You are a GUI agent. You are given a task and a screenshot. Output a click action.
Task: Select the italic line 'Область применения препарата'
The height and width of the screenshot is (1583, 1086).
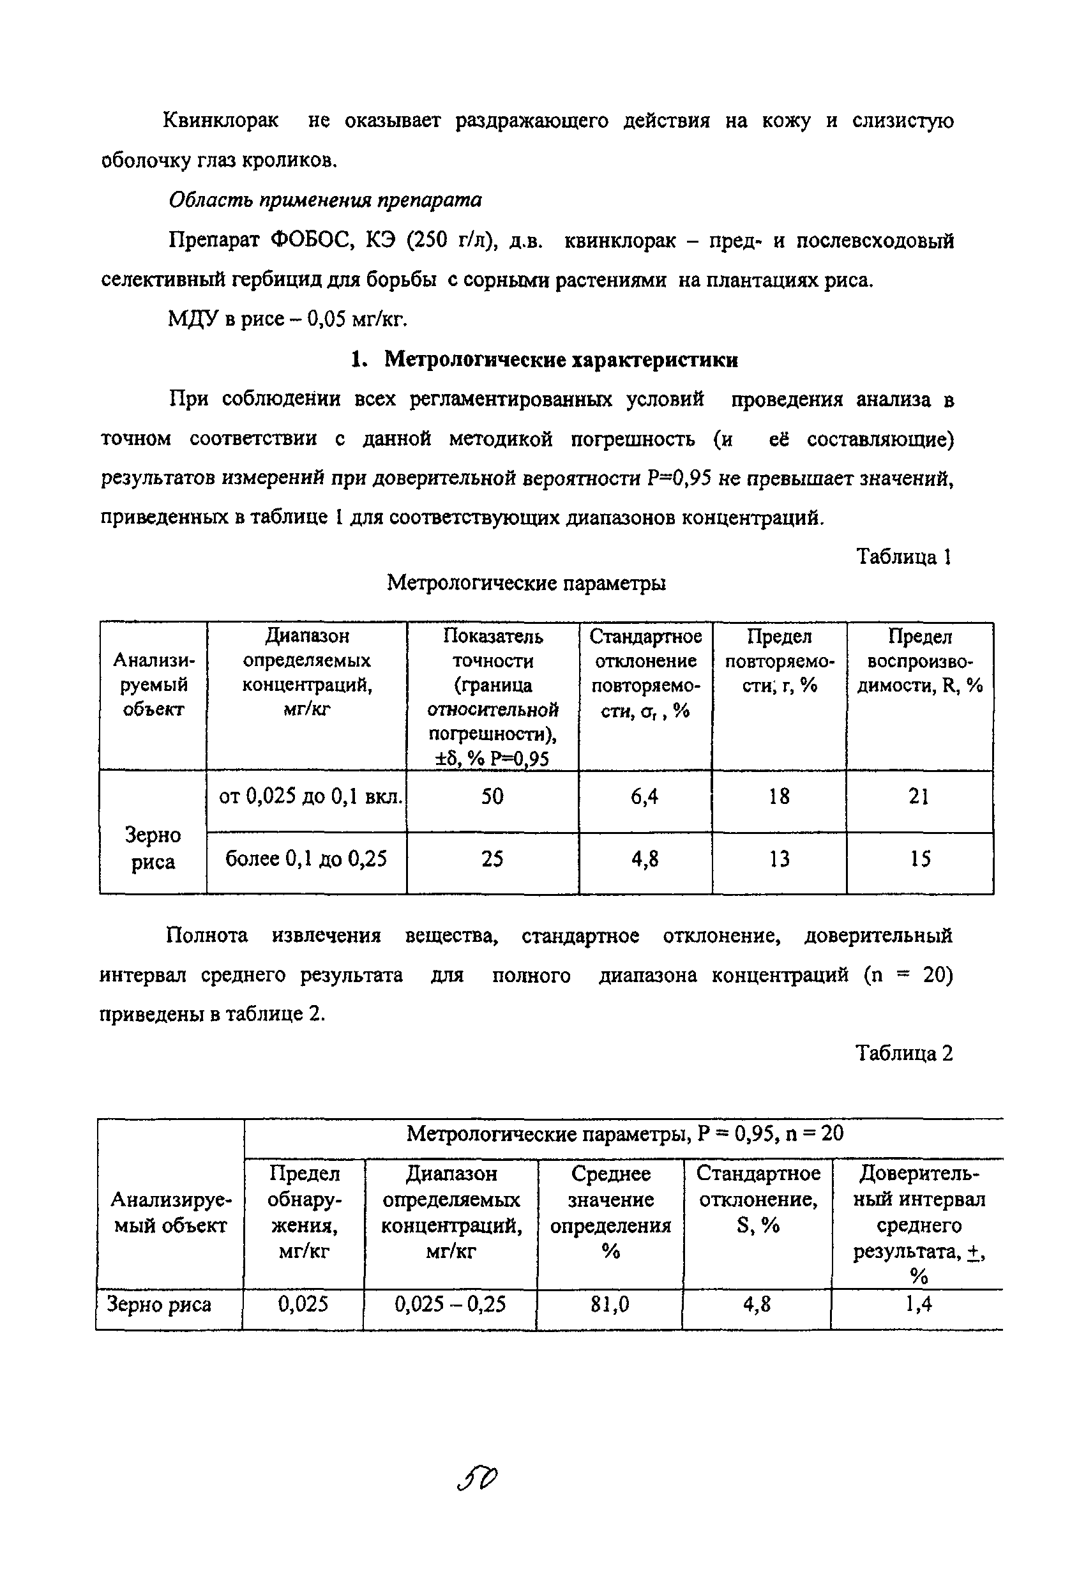[x=325, y=201]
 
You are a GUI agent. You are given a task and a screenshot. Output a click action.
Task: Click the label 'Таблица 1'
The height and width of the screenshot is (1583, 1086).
[x=903, y=557]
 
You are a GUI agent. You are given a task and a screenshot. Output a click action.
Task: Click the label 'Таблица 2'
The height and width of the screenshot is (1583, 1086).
[x=903, y=1054]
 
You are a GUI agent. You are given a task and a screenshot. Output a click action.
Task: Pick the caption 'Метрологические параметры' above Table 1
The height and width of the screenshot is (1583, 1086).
[x=526, y=583]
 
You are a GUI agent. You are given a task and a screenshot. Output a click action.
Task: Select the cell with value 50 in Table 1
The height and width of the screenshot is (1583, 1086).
[x=492, y=796]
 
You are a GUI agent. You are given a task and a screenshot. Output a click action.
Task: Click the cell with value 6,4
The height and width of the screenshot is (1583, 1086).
[x=645, y=796]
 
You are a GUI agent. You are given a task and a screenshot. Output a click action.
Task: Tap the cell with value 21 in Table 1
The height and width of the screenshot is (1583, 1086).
[x=919, y=796]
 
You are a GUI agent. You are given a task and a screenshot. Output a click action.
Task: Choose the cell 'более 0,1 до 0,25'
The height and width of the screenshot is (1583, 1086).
[x=306, y=859]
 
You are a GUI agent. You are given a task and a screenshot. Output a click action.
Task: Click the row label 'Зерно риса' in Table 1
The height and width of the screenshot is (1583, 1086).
[x=153, y=848]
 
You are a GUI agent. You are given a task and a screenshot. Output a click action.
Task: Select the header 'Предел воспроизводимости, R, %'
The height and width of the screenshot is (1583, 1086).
[x=919, y=661]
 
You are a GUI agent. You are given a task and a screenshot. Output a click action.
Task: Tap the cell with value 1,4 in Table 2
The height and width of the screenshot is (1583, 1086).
[x=919, y=1305]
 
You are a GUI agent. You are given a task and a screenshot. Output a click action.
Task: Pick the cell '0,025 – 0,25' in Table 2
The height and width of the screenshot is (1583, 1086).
[x=450, y=1305]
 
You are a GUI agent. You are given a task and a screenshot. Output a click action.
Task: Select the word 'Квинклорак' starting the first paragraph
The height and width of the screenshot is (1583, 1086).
[x=222, y=121]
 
